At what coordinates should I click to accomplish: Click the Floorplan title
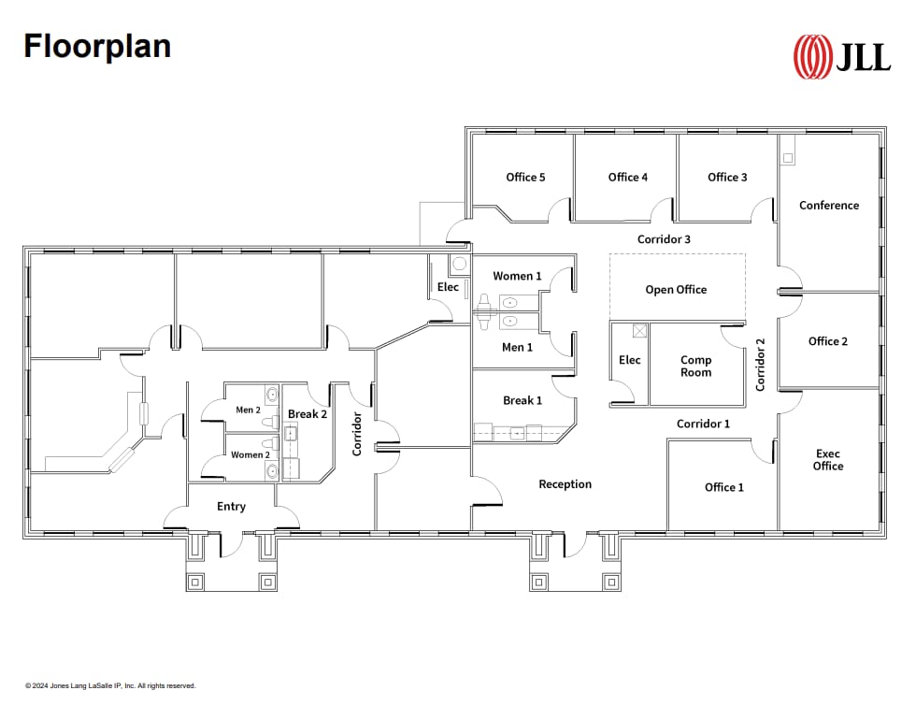coord(97,45)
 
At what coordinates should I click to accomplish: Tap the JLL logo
coord(841,57)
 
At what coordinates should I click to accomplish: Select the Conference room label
coord(828,206)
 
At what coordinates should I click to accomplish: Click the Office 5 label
coord(525,178)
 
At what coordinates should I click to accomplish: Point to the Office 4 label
coord(627,178)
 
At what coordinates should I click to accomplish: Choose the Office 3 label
coord(727,178)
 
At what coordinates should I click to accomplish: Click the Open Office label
coord(676,290)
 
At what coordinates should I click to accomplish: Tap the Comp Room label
coord(695,367)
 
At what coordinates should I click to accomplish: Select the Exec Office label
coord(827,460)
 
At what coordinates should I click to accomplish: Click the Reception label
coord(565,484)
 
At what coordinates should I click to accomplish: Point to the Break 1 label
coord(522,401)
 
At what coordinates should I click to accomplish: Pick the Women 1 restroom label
coord(517,276)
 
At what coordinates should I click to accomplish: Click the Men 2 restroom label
coord(248,410)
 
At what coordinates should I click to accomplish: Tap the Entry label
coord(231,507)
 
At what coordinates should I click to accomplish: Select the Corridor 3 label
coord(664,239)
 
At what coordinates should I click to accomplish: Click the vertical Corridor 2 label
coord(760,365)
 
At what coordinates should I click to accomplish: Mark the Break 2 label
coord(308,414)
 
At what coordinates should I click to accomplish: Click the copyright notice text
coord(110,685)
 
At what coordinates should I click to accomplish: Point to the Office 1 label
coord(723,487)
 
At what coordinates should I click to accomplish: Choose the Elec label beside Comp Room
coord(630,360)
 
